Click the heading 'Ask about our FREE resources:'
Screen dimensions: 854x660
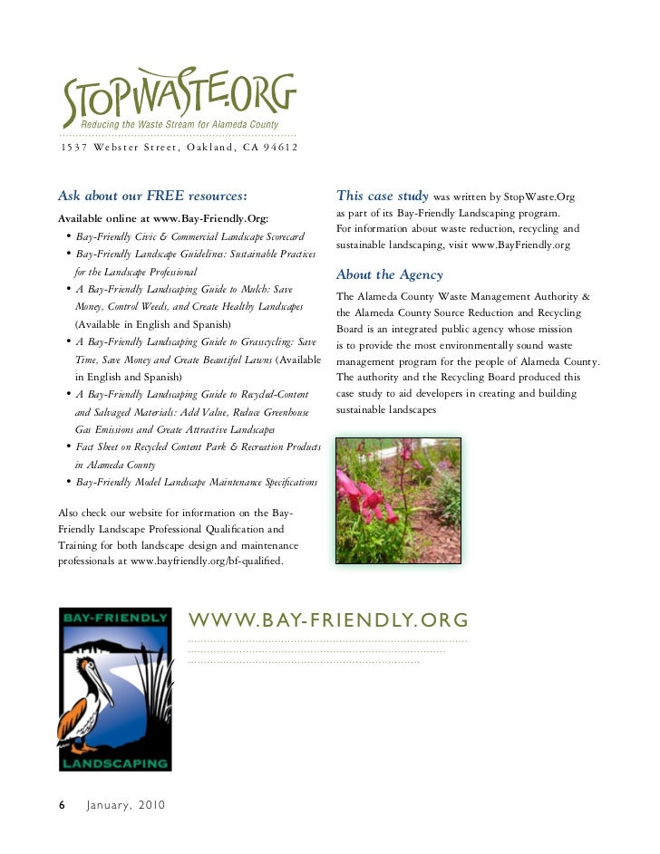(152, 195)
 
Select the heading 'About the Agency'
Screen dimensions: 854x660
(389, 274)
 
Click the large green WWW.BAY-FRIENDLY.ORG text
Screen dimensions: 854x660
(328, 620)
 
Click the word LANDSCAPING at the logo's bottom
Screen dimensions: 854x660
(114, 762)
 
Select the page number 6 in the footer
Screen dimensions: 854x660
(62, 805)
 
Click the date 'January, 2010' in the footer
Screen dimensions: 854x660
(126, 805)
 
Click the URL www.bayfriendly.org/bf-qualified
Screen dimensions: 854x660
(207, 561)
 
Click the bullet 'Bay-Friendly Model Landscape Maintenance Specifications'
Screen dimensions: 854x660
(197, 483)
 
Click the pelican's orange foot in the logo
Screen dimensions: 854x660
(83, 747)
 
